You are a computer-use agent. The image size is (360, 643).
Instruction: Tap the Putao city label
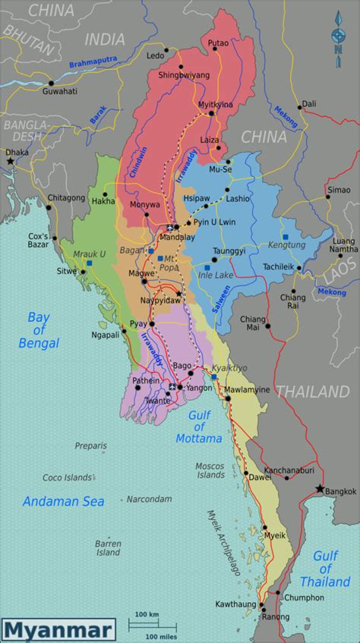pos(218,45)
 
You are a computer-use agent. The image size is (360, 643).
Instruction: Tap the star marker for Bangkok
pos(320,488)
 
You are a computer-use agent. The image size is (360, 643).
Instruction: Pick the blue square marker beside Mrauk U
pos(90,263)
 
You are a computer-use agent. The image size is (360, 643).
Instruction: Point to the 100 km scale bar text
pos(146,613)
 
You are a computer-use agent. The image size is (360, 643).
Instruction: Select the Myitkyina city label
pos(213,104)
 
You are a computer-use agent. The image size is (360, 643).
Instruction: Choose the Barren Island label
pos(108,548)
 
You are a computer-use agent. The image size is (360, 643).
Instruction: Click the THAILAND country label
pos(311,392)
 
